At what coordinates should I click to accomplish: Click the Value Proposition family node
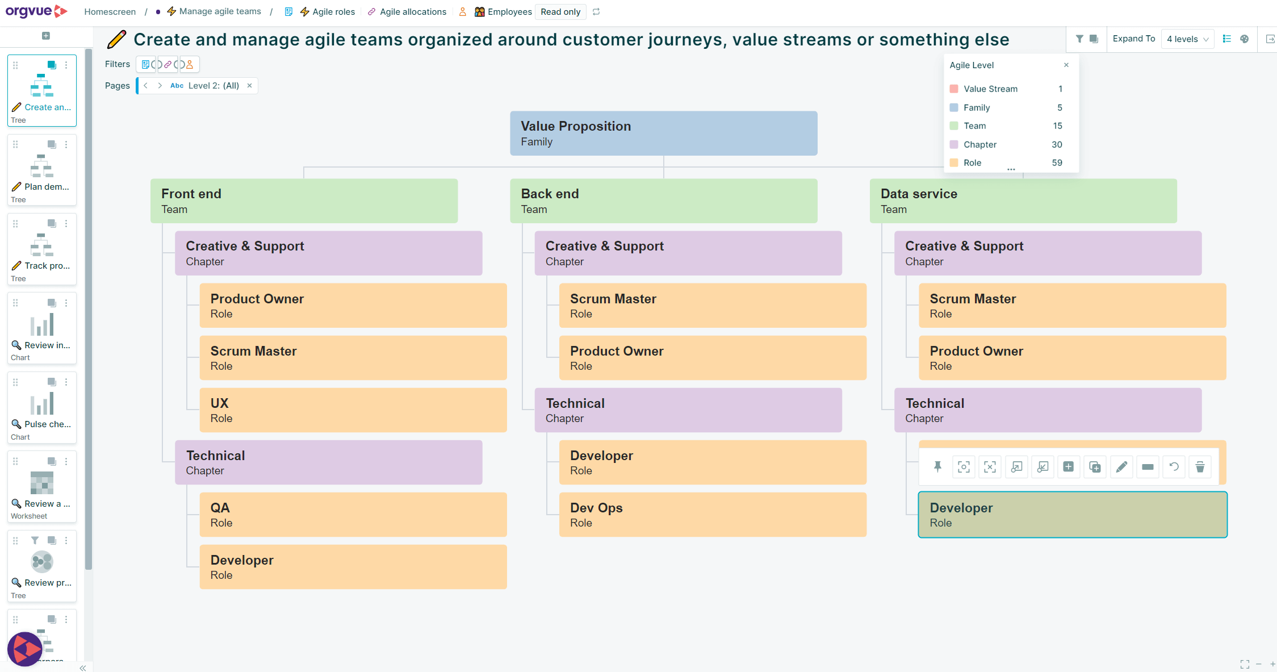pyautogui.click(x=663, y=133)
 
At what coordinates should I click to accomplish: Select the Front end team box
pyautogui.click(x=304, y=201)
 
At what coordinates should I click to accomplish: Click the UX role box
pyautogui.click(x=353, y=410)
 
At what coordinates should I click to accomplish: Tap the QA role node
pyautogui.click(x=353, y=515)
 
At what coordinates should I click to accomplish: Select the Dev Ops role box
pyautogui.click(x=712, y=515)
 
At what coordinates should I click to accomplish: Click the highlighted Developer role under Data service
pyautogui.click(x=1072, y=515)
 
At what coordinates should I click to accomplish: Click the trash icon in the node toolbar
pyautogui.click(x=1200, y=467)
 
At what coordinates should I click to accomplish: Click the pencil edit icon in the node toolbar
pyautogui.click(x=1121, y=467)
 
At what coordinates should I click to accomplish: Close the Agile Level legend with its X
pyautogui.click(x=1066, y=65)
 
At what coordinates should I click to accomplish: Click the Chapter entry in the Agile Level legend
pyautogui.click(x=979, y=144)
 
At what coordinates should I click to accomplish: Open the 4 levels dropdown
pyautogui.click(x=1187, y=39)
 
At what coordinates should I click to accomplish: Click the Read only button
pyautogui.click(x=560, y=12)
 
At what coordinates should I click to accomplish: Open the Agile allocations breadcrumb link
pyautogui.click(x=412, y=12)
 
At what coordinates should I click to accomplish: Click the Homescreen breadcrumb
pyautogui.click(x=110, y=12)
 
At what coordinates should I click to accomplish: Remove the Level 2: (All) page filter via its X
pyautogui.click(x=249, y=86)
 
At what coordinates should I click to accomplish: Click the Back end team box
pyautogui.click(x=663, y=201)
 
